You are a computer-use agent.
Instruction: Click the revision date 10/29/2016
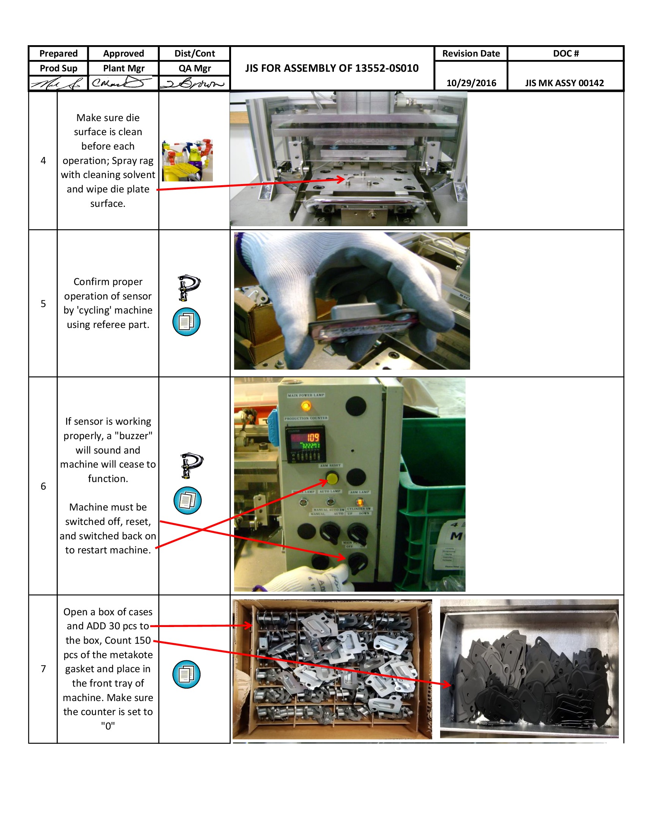(x=471, y=83)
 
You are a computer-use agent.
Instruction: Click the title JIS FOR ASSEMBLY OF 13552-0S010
(x=332, y=68)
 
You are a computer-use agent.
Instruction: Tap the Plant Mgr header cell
(x=123, y=68)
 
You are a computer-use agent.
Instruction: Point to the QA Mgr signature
(x=193, y=83)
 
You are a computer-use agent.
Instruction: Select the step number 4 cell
(x=43, y=161)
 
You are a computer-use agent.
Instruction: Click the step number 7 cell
(x=43, y=668)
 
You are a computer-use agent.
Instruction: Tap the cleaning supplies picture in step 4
(x=187, y=160)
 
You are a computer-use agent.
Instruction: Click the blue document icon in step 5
(x=186, y=321)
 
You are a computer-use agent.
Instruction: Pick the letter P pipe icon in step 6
(x=191, y=465)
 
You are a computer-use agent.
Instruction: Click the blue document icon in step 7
(x=186, y=674)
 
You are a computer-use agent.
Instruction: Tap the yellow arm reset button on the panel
(x=332, y=478)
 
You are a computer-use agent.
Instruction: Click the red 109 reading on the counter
(x=313, y=437)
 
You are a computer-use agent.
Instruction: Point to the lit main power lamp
(x=306, y=405)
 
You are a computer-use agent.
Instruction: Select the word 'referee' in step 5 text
(x=109, y=325)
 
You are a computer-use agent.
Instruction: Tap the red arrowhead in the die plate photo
(x=341, y=179)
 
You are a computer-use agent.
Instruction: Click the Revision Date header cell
(x=471, y=54)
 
